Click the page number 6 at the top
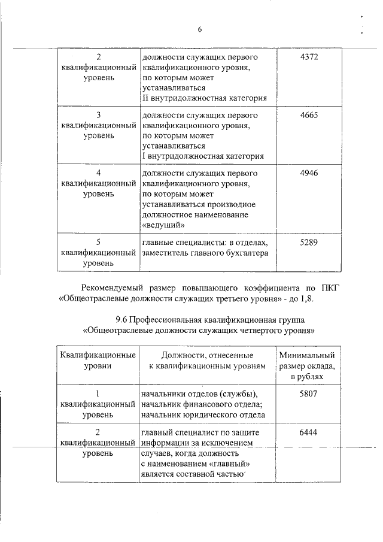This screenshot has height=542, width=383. point(199,30)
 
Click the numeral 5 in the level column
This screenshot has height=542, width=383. point(98,241)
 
